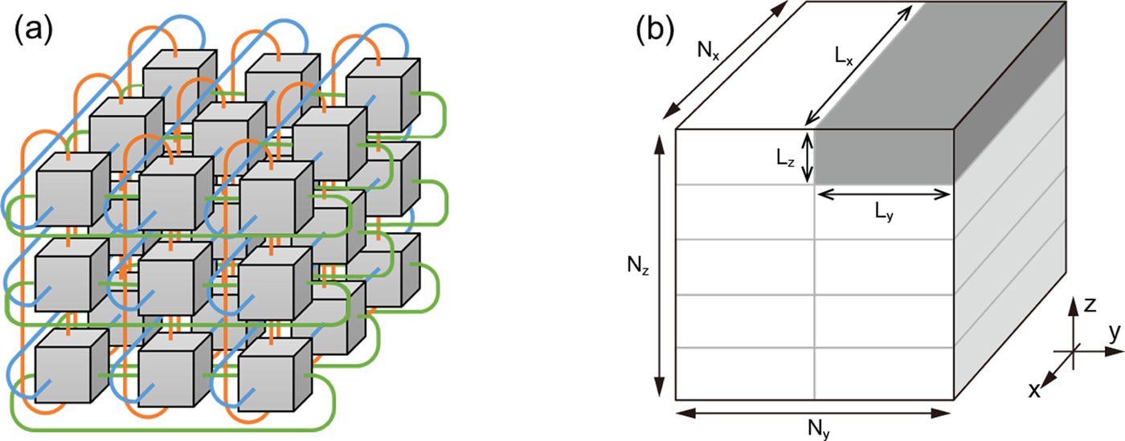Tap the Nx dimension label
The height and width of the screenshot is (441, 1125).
click(708, 54)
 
